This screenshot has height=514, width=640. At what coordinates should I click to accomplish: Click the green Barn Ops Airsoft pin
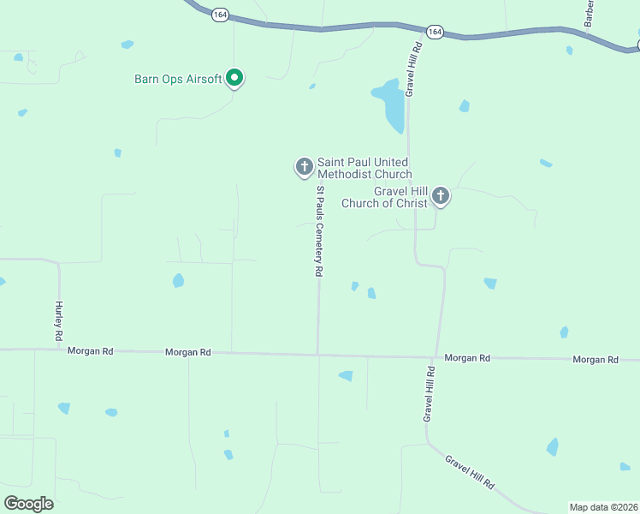pos(234,79)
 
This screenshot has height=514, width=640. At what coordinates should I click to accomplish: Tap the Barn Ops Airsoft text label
pos(178,79)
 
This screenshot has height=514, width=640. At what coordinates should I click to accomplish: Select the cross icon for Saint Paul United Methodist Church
pos(304,166)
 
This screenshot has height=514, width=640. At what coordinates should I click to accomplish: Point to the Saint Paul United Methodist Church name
pos(364,168)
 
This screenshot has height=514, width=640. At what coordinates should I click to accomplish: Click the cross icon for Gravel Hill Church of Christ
pos(441,196)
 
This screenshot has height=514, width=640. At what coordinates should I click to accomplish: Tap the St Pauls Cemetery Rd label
pos(319,231)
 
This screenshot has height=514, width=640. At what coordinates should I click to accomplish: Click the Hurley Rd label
pos(59,321)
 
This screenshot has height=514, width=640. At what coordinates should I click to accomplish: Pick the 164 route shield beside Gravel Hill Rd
pos(436,32)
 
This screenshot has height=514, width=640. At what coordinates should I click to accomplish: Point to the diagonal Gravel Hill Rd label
pos(470,472)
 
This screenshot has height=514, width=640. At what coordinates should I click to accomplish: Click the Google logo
pos(28,504)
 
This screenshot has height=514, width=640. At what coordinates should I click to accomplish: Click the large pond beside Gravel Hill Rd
pos(390,104)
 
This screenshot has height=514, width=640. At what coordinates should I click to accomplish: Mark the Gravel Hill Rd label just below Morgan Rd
pos(428,394)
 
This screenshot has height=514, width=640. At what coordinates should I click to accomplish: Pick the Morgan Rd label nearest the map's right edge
pos(596,360)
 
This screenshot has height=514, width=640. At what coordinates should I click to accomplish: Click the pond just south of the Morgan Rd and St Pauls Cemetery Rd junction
pos(346,375)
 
